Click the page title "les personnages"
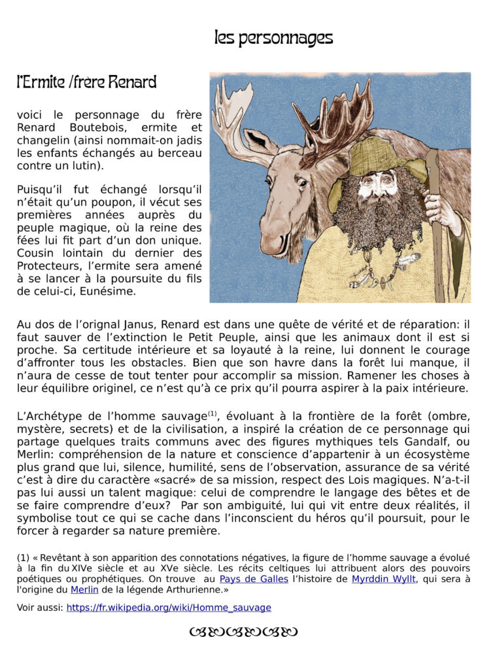pos(273,38)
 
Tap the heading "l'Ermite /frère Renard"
pos(86,83)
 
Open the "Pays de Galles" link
pos(254,579)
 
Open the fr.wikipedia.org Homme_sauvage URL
pos(169,608)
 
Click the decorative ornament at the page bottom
pos(243,632)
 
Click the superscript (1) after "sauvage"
pos(212,414)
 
